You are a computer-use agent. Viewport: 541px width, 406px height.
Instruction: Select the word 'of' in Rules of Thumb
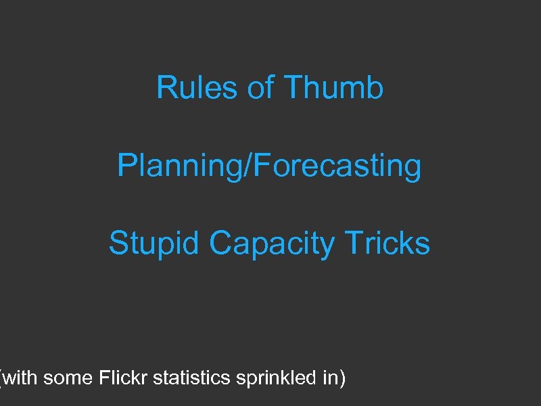[x=260, y=88]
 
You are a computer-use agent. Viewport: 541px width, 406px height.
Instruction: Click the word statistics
[x=191, y=378]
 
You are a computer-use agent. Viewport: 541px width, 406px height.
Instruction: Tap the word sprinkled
[x=276, y=378]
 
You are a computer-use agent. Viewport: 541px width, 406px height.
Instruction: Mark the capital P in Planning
[x=126, y=166]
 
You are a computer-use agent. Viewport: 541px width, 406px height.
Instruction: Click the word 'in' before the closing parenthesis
[x=330, y=378]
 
